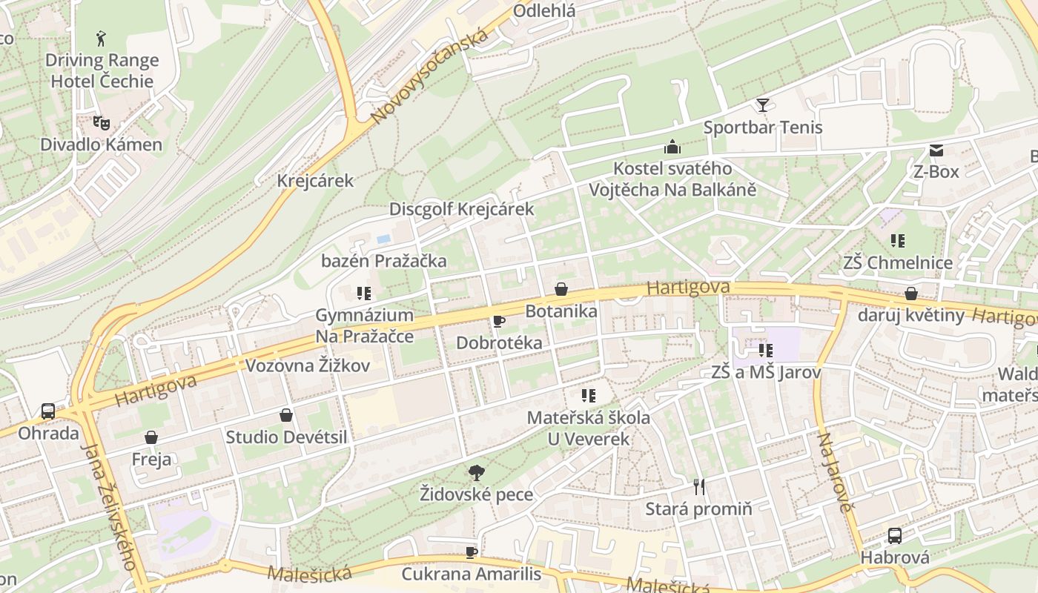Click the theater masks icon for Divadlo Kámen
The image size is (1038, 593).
101,122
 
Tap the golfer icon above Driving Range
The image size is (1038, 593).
101,38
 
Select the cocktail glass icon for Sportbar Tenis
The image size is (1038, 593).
762,105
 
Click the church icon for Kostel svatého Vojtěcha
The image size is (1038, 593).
672,147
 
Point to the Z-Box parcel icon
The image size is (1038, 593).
936,150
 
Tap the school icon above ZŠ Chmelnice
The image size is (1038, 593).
898,241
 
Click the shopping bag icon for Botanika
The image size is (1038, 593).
561,289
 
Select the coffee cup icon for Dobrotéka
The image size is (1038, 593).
499,321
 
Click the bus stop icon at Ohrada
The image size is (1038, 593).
48,411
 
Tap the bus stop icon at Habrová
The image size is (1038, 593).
895,535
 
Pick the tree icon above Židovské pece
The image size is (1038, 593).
476,471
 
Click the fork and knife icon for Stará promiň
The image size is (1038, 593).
698,487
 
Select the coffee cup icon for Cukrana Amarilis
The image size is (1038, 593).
471,552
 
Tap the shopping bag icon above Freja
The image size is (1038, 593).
151,437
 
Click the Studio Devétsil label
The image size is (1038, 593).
286,437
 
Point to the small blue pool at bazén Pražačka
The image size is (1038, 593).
383,239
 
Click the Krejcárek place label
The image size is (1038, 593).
315,181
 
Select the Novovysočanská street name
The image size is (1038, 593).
430,76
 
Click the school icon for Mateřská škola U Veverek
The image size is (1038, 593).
589,396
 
